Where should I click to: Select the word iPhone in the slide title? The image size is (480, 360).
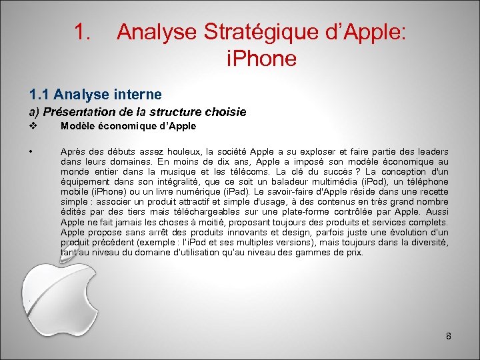click(261, 59)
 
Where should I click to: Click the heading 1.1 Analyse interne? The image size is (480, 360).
click(95, 95)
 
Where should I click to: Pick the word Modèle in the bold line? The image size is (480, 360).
click(77, 127)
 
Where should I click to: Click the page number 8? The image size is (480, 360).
click(449, 336)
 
